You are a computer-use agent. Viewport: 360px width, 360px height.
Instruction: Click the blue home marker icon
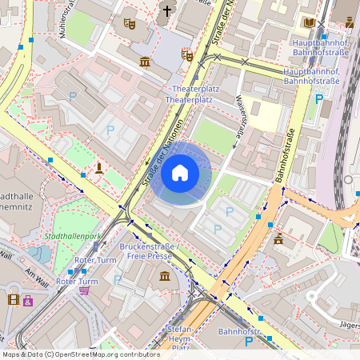point(180,173)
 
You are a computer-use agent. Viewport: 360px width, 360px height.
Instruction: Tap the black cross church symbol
point(167,11)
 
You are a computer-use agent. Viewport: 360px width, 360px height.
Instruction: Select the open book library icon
point(309,23)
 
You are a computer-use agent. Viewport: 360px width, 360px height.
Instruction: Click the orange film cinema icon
point(13,300)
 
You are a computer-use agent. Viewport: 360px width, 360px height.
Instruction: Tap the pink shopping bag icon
point(29,301)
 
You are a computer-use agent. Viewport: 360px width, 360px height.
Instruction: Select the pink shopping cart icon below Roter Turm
point(85,290)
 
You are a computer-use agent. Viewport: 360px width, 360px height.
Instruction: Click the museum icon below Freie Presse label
point(164,276)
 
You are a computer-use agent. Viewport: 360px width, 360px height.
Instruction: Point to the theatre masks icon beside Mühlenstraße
point(130,23)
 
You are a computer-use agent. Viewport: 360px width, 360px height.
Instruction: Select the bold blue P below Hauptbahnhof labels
point(319,100)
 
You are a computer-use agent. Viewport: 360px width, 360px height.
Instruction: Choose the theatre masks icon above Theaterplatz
point(188,55)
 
